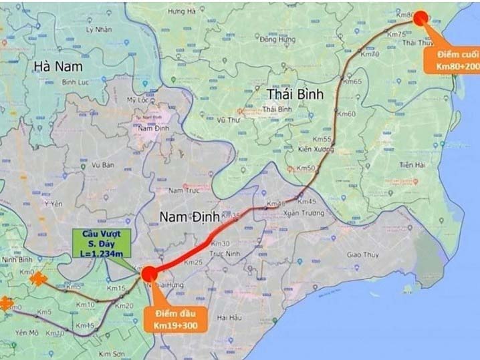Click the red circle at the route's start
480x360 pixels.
tap(148, 273)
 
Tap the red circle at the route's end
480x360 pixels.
tap(420, 18)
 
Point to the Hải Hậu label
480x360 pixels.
tap(229, 317)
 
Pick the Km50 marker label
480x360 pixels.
tap(306, 168)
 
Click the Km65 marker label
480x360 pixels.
tap(353, 81)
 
